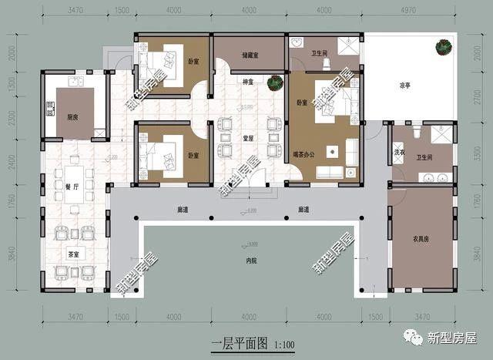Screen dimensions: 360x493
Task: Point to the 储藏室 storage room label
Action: tap(249, 55)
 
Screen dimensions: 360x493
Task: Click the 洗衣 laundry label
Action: tap(399, 150)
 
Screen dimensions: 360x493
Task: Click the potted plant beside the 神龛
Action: tap(273, 82)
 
